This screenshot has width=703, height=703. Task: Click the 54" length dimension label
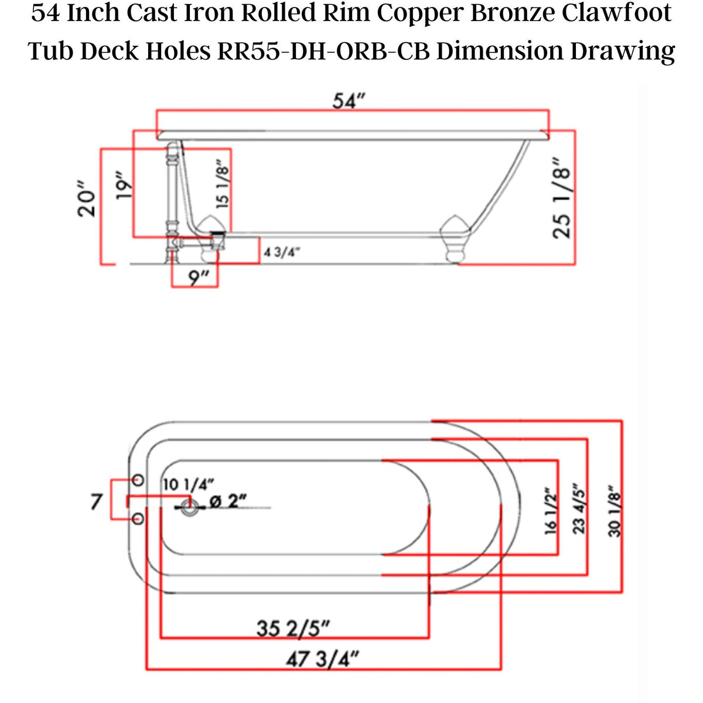click(x=349, y=101)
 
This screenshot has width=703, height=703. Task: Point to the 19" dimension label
click(x=123, y=187)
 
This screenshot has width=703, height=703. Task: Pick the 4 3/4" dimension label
click(x=282, y=252)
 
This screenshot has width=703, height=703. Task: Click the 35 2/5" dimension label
click(x=293, y=629)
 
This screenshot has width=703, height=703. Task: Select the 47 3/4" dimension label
click(x=322, y=660)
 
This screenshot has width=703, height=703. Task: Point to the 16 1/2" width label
click(x=550, y=511)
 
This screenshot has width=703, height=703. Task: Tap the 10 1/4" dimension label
click(x=188, y=484)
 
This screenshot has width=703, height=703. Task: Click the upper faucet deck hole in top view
click(x=139, y=480)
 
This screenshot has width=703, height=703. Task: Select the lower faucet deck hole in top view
click(x=139, y=519)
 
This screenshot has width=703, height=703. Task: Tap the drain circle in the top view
click(x=189, y=509)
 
